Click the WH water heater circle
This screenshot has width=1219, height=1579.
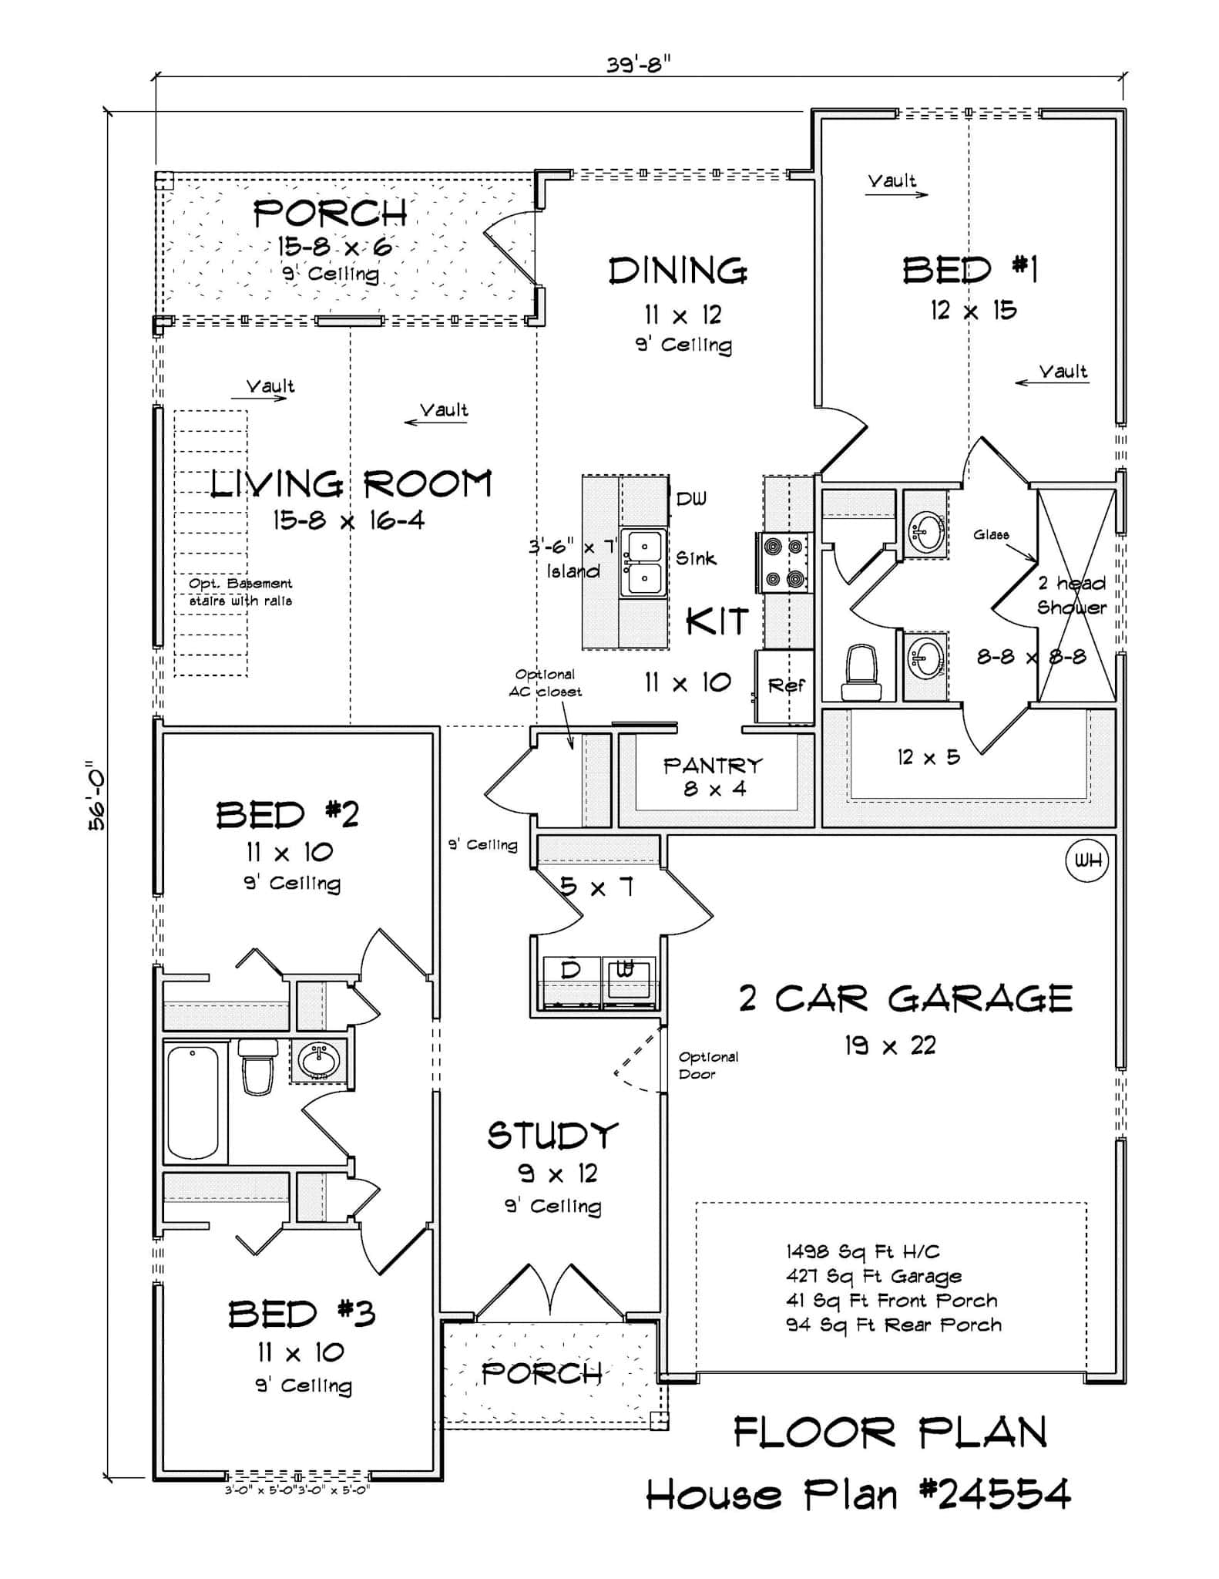[1087, 861]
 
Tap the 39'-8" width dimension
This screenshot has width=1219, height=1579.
[638, 64]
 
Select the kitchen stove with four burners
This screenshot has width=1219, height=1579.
[784, 562]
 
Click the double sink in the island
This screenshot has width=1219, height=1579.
[643, 562]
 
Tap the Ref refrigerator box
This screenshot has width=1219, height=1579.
[785, 685]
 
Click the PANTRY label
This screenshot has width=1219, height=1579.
[713, 766]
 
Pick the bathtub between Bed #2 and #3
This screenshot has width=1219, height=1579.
[193, 1102]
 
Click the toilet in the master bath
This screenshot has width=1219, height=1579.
[861, 673]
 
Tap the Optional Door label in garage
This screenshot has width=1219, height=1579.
[707, 1065]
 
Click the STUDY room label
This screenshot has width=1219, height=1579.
[552, 1136]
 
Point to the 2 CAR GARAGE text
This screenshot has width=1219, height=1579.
[905, 999]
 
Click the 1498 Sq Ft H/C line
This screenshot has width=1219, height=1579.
[862, 1251]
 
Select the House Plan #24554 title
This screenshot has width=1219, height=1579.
[858, 1495]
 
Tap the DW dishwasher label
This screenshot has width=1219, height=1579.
[690, 499]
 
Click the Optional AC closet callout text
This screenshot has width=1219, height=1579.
[545, 682]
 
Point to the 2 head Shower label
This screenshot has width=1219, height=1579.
[1071, 594]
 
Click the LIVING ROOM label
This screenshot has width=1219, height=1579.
[351, 484]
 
